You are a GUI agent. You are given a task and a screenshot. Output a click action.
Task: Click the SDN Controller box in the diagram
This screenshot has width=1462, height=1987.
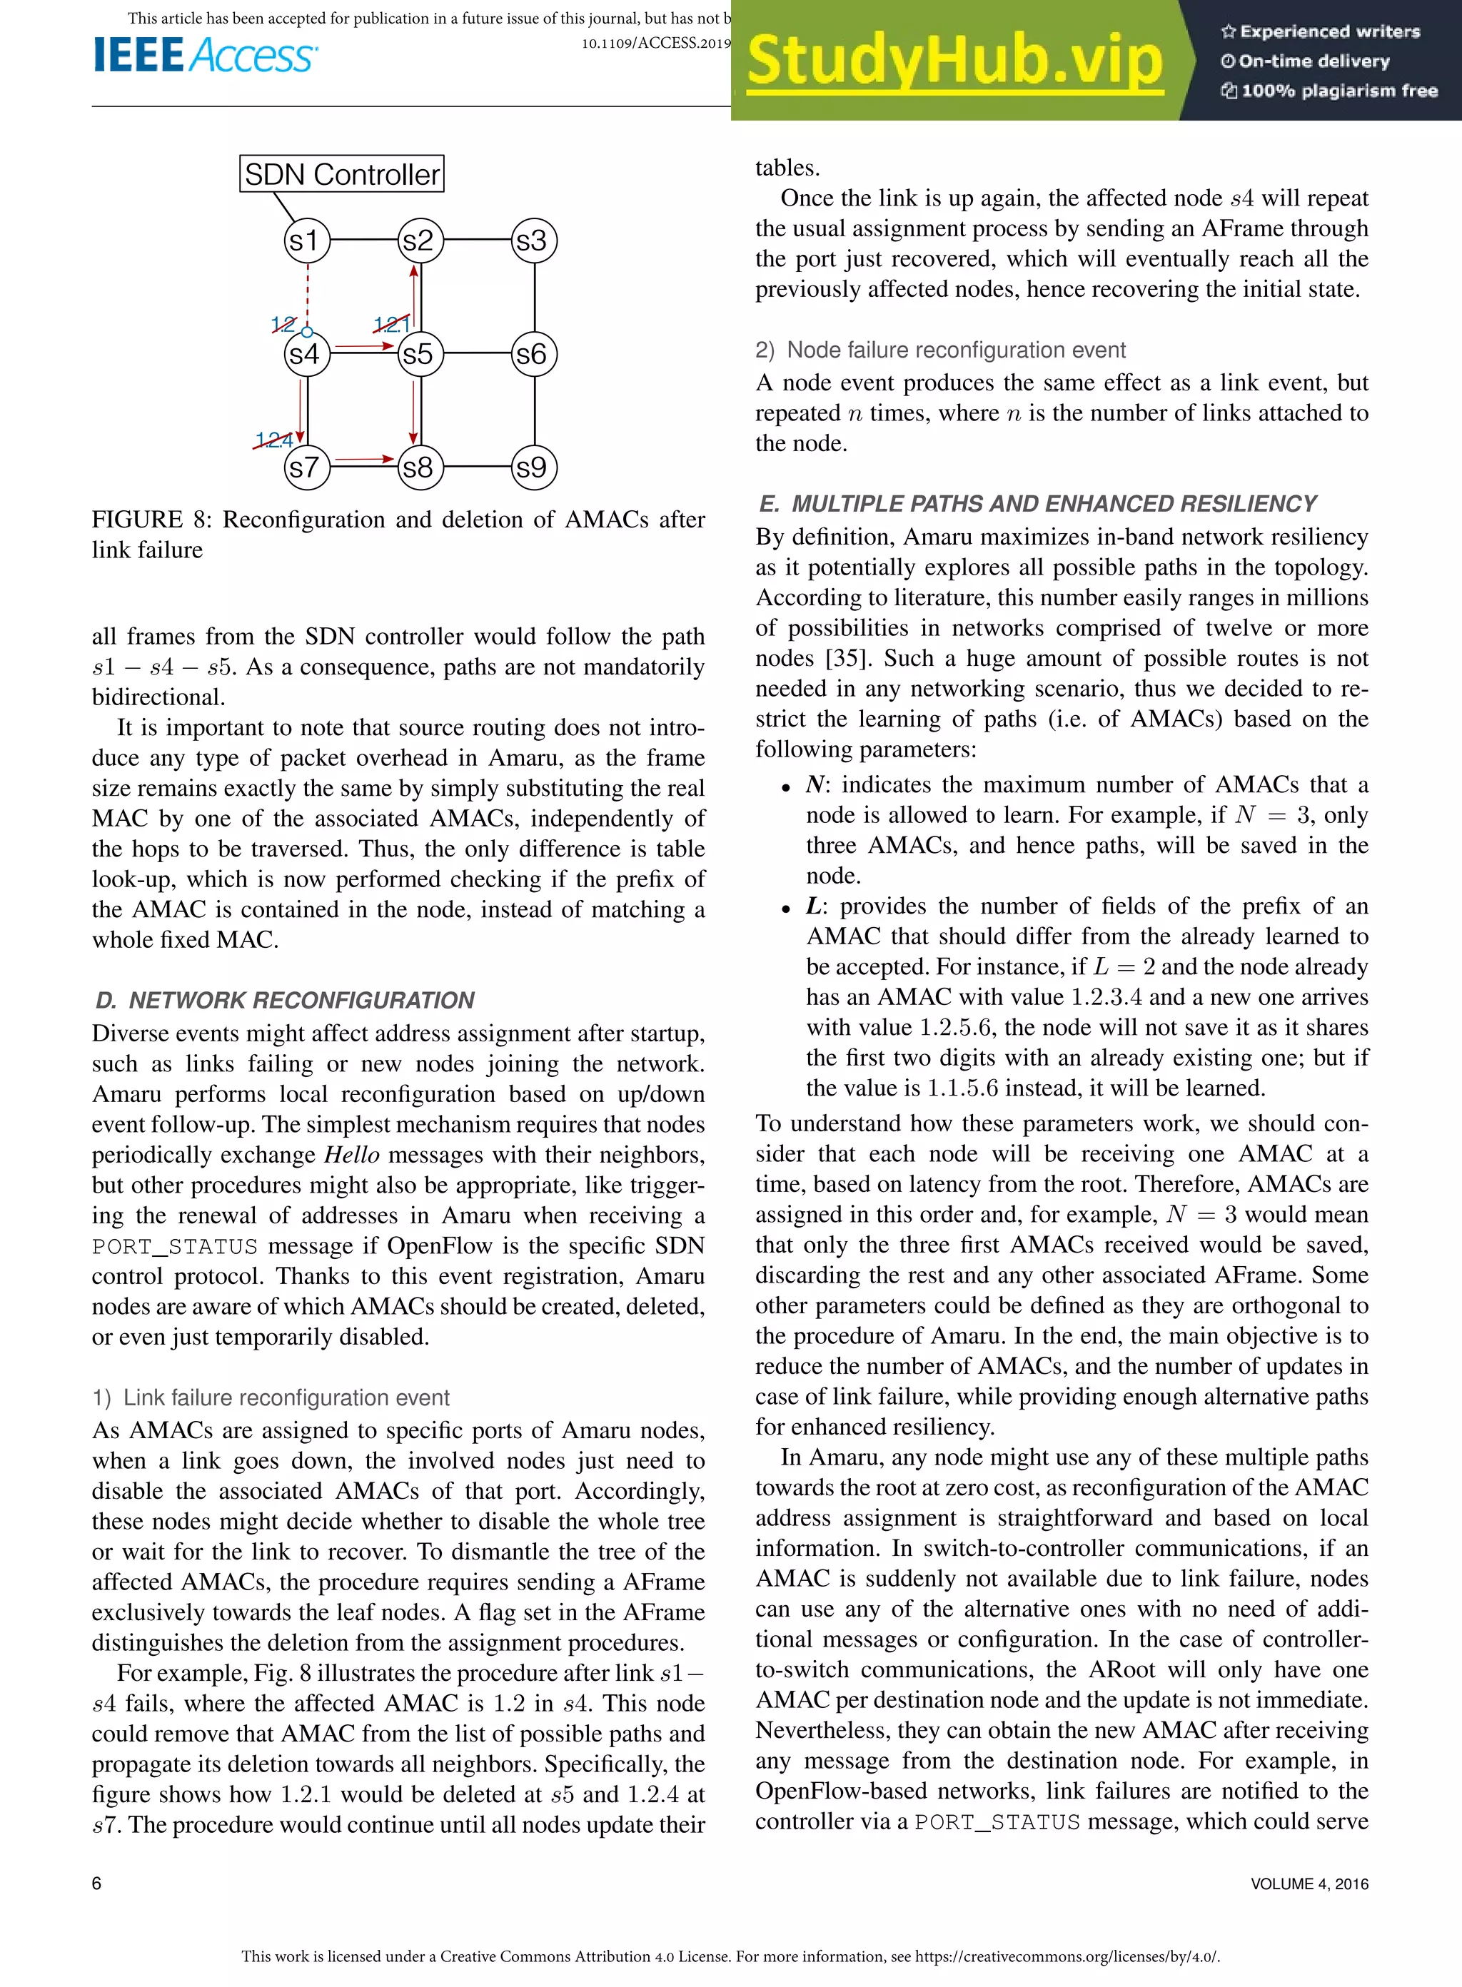tap(342, 173)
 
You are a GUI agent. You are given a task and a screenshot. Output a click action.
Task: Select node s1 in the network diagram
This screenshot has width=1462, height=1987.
tap(306, 241)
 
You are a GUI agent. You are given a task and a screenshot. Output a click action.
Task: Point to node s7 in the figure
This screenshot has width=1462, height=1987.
tap(306, 467)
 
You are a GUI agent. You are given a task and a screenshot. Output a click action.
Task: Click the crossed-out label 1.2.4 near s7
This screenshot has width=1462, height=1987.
tap(273, 440)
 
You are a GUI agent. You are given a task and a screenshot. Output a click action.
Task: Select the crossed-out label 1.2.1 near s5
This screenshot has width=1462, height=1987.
tap(390, 324)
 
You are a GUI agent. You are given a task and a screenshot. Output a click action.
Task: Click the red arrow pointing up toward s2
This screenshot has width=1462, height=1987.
tap(413, 296)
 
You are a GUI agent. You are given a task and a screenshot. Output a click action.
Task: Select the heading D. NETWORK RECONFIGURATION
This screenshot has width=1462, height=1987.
tap(285, 1001)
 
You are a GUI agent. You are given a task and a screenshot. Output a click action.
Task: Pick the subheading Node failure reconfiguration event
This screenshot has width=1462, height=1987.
tap(956, 350)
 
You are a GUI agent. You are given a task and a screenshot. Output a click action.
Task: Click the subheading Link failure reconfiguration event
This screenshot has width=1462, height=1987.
tap(285, 1397)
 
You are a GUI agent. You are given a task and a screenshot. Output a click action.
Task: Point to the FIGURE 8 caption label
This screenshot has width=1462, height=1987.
tap(151, 520)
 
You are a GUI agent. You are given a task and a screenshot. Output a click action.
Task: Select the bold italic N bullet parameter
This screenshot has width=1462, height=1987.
tap(815, 784)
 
